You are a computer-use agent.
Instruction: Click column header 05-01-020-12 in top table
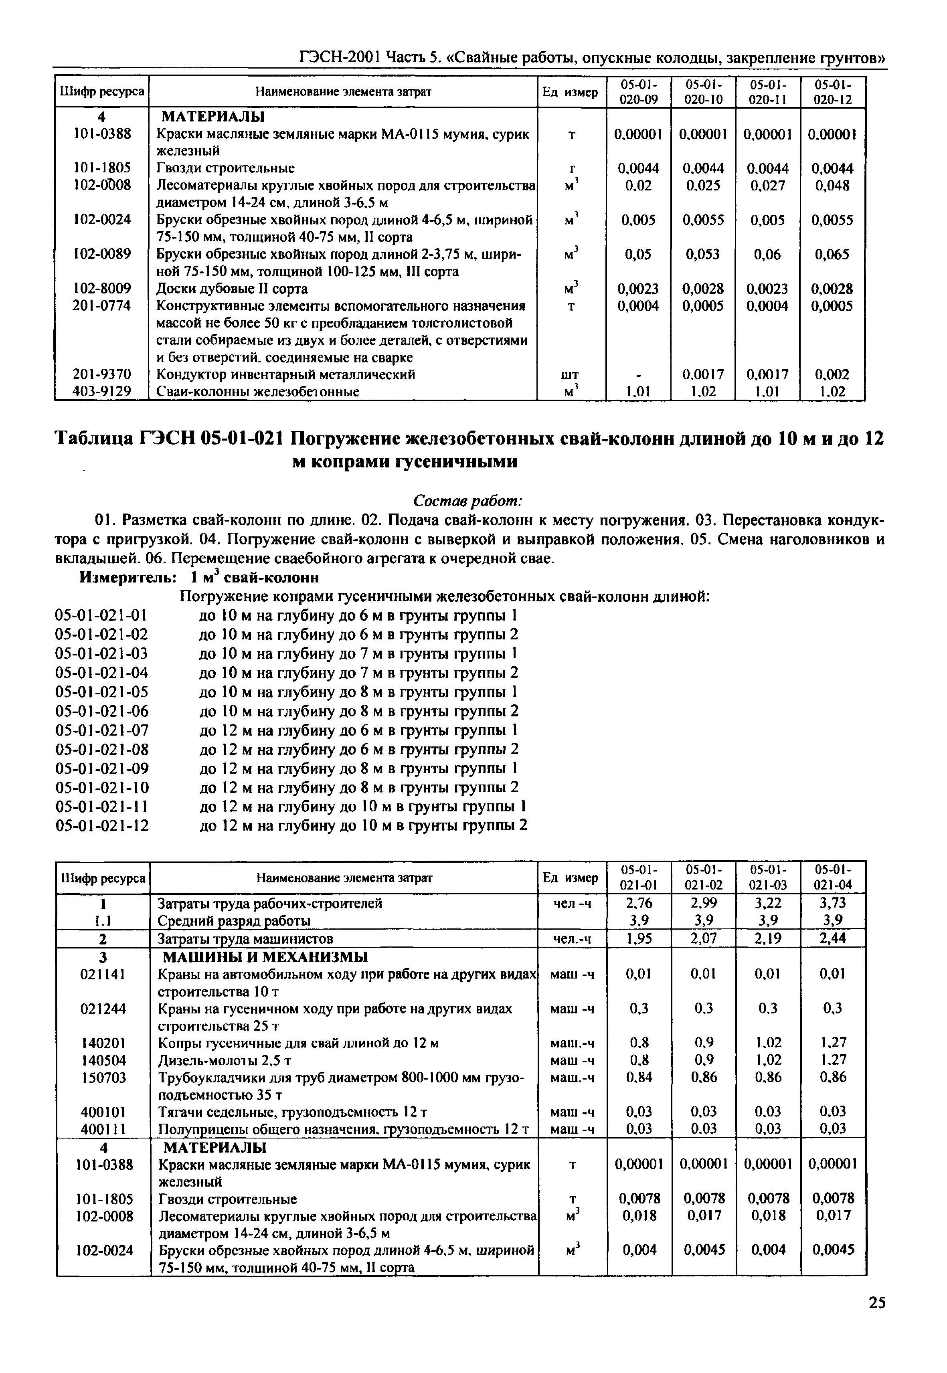tap(832, 92)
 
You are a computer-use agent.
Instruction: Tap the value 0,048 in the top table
tap(832, 186)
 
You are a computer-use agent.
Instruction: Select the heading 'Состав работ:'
tap(467, 501)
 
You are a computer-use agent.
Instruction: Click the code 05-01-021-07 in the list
tap(101, 730)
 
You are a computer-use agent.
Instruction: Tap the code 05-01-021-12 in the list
tap(101, 826)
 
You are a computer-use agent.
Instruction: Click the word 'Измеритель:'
tap(128, 577)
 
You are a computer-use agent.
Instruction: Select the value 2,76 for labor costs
tap(638, 903)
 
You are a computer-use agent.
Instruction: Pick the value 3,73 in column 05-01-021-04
tap(832, 903)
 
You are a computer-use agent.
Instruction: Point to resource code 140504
tap(103, 1060)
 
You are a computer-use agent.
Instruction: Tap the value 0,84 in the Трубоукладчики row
tap(638, 1077)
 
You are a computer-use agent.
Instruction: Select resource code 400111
tap(103, 1128)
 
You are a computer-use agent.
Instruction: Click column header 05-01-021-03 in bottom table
tap(768, 878)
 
